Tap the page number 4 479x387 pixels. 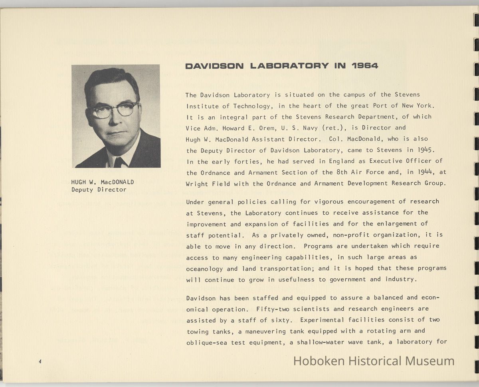40,361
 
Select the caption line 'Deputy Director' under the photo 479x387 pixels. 99,190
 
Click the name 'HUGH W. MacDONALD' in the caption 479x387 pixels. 103,182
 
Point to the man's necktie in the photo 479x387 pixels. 119,162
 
